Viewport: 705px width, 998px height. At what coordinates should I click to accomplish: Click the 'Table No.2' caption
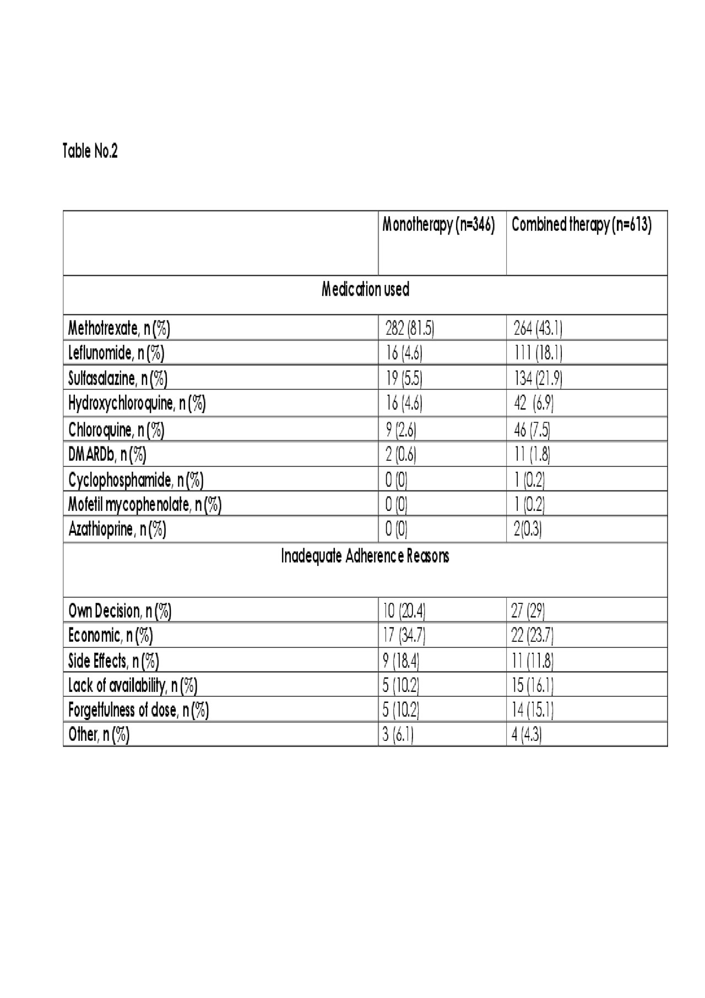(x=90, y=151)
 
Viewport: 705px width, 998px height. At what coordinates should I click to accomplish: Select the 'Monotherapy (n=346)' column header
(x=438, y=225)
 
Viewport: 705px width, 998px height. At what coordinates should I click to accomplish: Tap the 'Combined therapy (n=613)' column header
(x=581, y=225)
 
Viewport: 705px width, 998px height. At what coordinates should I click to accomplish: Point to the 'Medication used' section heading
(x=365, y=290)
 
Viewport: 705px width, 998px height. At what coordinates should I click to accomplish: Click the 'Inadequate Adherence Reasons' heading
(x=365, y=557)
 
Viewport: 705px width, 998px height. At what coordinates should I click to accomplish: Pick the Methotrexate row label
(x=119, y=329)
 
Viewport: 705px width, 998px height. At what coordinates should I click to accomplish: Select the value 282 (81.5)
(x=409, y=329)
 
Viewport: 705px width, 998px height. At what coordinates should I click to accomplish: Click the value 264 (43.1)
(x=538, y=329)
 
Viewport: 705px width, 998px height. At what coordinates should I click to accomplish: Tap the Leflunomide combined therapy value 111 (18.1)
(x=538, y=353)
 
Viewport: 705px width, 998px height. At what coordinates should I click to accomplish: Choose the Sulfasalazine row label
(x=118, y=378)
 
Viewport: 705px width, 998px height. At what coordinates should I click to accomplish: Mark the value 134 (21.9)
(x=538, y=378)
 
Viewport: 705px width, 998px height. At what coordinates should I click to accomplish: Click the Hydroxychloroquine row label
(x=137, y=403)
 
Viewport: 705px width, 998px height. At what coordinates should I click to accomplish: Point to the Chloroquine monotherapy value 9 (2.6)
(x=400, y=429)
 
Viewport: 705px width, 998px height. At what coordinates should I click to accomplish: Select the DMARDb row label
(x=107, y=455)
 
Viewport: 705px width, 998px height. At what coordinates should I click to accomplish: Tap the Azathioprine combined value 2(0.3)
(x=528, y=530)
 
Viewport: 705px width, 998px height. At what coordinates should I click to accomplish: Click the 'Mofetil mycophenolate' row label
(x=145, y=504)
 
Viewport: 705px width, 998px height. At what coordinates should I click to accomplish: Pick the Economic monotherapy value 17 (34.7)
(x=404, y=636)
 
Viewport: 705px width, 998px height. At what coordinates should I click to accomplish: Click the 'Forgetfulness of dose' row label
(x=138, y=710)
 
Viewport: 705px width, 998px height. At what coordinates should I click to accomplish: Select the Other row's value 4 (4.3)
(x=527, y=735)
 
